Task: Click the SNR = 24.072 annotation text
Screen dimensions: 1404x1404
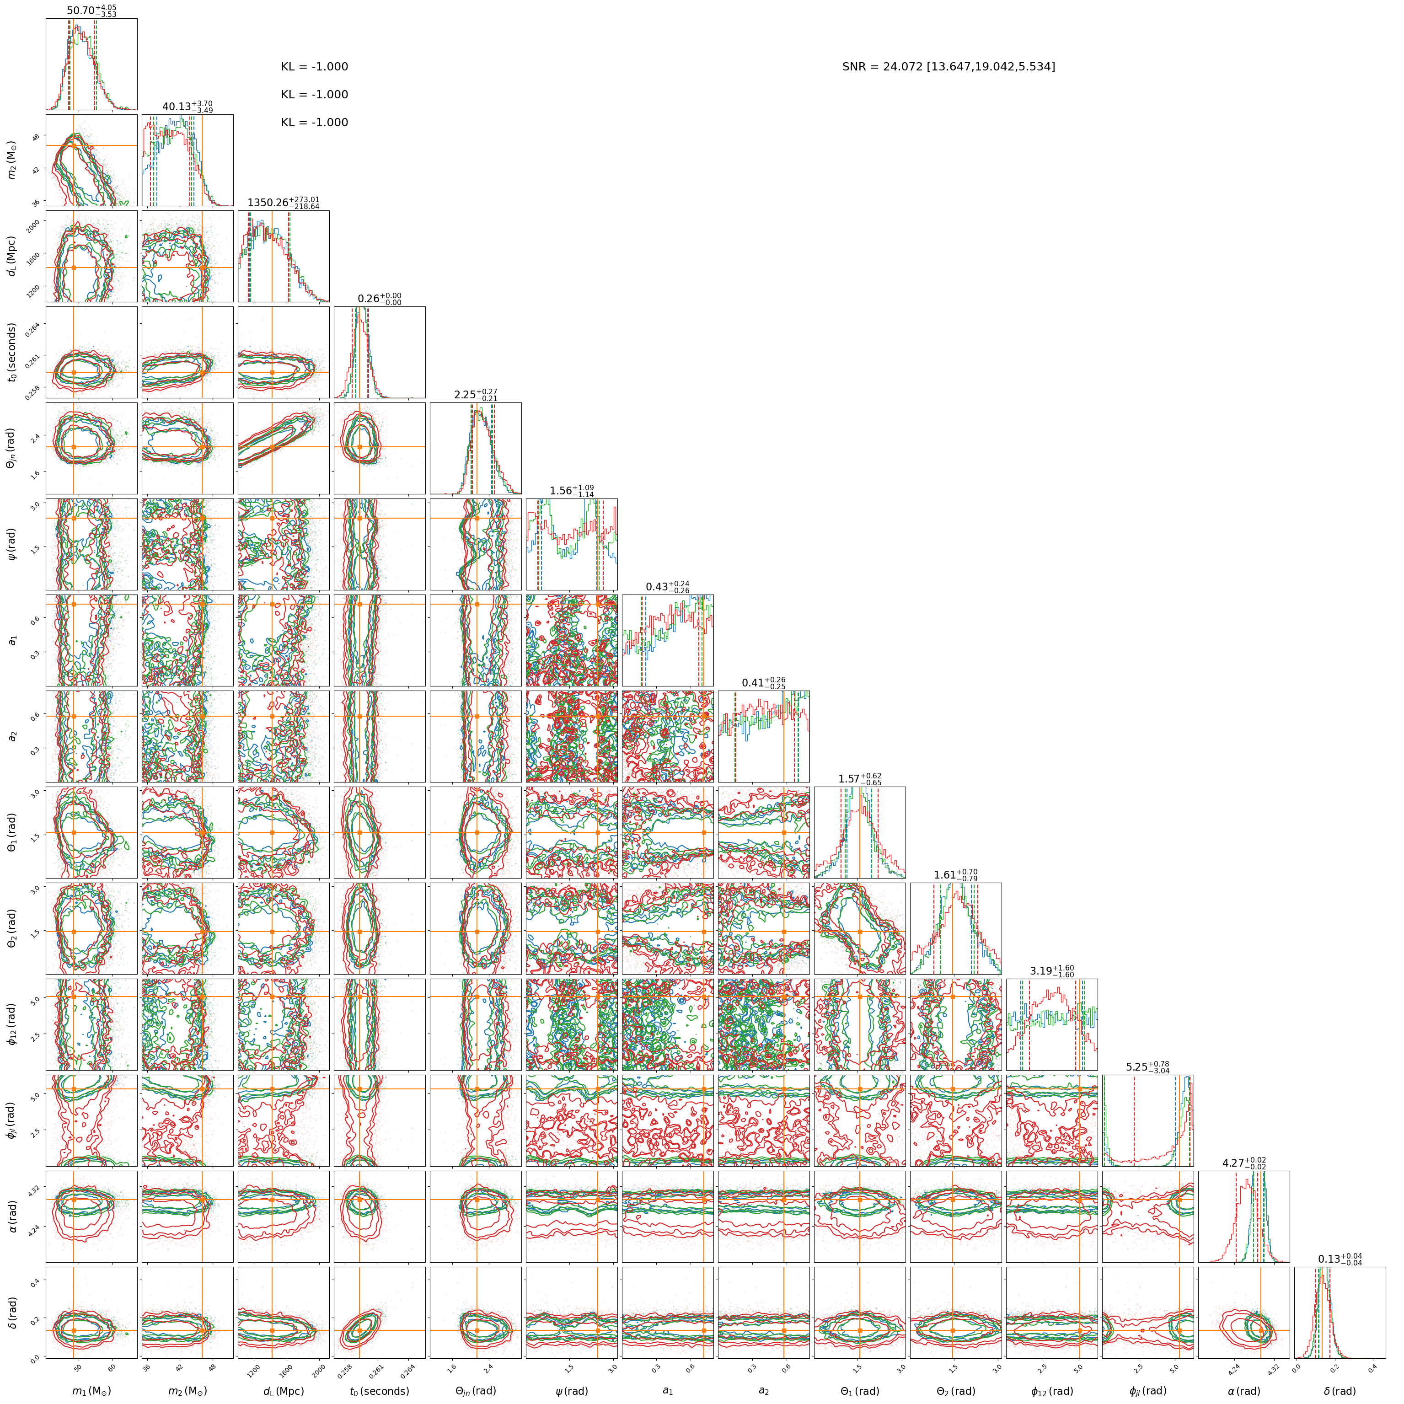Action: [x=949, y=67]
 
